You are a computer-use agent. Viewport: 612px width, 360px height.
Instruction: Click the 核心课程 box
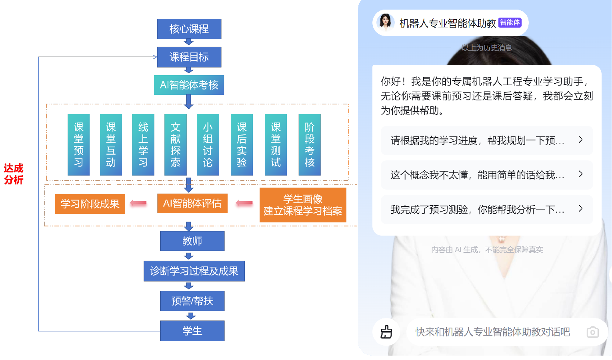pyautogui.click(x=189, y=29)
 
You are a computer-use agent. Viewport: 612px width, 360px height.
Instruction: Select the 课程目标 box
pyautogui.click(x=189, y=57)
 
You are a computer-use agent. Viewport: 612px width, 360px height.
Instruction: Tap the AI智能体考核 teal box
pyautogui.click(x=189, y=85)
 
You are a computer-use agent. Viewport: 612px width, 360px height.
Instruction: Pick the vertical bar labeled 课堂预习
pyautogui.click(x=78, y=145)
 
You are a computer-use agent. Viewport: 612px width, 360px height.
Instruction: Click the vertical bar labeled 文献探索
pyautogui.click(x=175, y=145)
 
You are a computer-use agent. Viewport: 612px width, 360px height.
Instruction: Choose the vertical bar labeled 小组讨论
pyautogui.click(x=208, y=145)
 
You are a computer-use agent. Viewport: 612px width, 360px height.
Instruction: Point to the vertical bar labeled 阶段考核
pyautogui.click(x=310, y=145)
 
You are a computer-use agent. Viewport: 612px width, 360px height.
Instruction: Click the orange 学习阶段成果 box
pyautogui.click(x=90, y=204)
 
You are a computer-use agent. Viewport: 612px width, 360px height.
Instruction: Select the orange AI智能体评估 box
pyautogui.click(x=192, y=204)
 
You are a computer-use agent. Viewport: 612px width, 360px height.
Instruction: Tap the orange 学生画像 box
pyautogui.click(x=303, y=205)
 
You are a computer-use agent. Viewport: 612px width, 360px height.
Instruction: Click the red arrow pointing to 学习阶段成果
pyautogui.click(x=138, y=205)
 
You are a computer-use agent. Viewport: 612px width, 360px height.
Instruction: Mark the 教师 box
pyautogui.click(x=192, y=241)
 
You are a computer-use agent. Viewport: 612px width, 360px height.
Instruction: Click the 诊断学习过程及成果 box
pyautogui.click(x=194, y=271)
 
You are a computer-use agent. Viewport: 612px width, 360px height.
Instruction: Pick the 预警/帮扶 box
pyautogui.click(x=192, y=301)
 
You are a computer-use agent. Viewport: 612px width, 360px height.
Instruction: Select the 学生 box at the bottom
pyautogui.click(x=192, y=331)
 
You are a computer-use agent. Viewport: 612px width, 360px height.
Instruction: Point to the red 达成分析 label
pyautogui.click(x=14, y=174)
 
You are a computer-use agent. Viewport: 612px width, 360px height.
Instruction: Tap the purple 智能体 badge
pyautogui.click(x=510, y=23)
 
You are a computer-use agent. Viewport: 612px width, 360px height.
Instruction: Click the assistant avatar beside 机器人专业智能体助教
pyautogui.click(x=386, y=22)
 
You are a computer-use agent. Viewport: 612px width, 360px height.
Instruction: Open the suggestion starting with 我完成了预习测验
pyautogui.click(x=486, y=209)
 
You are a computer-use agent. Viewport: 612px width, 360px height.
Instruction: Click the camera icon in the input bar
pyautogui.click(x=592, y=332)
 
